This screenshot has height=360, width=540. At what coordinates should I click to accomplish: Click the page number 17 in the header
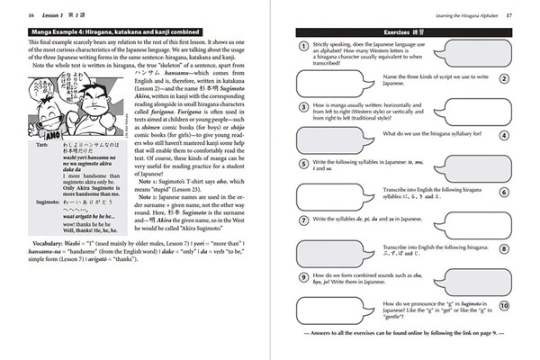508,15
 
